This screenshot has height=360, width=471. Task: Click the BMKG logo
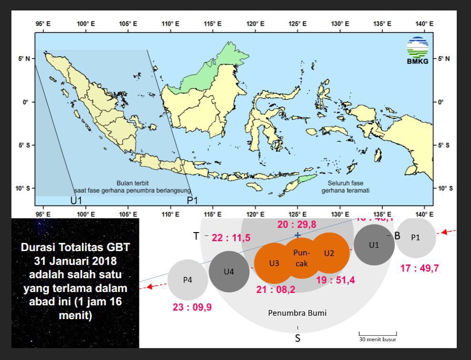(x=417, y=50)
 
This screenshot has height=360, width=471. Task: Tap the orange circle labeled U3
(x=274, y=263)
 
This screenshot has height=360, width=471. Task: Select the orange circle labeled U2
(x=329, y=253)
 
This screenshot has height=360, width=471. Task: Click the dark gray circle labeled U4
(x=229, y=272)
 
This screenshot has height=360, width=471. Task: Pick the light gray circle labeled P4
(x=187, y=280)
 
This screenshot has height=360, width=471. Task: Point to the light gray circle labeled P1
(x=415, y=237)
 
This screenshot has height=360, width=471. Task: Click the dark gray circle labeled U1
(x=374, y=245)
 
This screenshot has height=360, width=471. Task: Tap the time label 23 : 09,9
(x=192, y=307)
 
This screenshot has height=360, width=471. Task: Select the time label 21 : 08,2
(x=276, y=290)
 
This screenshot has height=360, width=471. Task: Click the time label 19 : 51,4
(x=335, y=280)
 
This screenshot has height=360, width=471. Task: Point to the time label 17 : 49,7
(x=419, y=268)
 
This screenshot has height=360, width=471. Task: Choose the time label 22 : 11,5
(x=231, y=238)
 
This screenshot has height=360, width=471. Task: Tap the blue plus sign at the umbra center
(x=297, y=235)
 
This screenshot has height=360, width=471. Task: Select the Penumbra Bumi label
(x=297, y=313)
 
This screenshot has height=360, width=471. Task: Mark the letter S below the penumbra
(x=297, y=339)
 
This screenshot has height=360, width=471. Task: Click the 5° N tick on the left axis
(x=26, y=59)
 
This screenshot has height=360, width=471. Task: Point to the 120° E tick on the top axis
(x=253, y=24)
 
